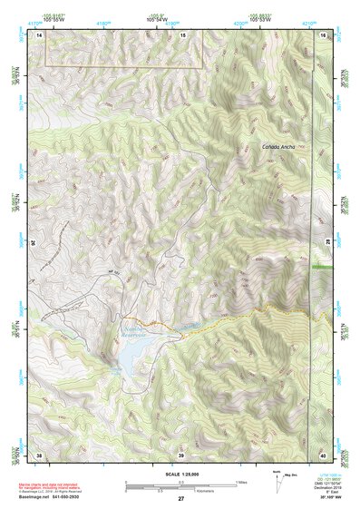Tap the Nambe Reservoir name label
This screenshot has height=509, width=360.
[137, 328]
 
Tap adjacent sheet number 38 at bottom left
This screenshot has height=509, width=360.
[40, 453]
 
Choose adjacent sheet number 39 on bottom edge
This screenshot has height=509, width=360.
[181, 453]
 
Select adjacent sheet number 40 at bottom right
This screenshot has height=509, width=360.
[322, 453]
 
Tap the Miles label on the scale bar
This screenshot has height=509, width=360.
[240, 482]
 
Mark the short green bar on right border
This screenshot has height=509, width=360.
[321, 269]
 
